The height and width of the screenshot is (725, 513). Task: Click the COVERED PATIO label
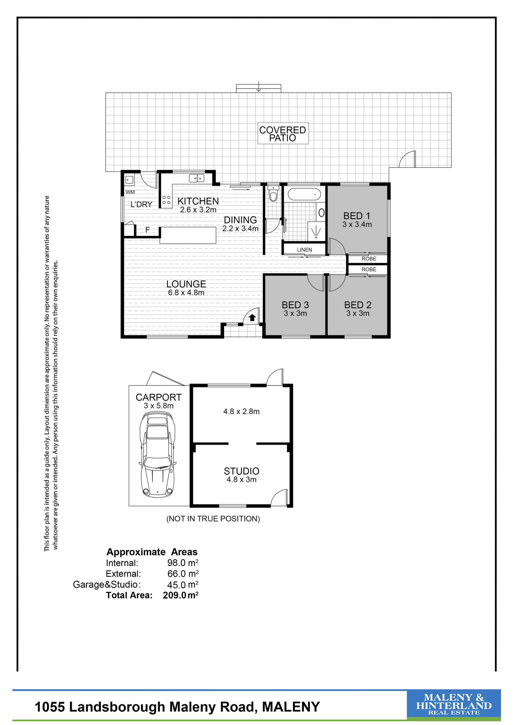(x=283, y=134)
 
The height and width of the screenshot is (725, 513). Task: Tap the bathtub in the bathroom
(x=304, y=194)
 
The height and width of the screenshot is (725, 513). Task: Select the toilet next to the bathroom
(x=273, y=194)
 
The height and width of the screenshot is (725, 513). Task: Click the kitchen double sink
(x=196, y=178)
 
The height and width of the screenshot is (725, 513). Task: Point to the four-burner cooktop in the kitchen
(x=166, y=200)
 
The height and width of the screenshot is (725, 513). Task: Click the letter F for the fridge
(x=147, y=230)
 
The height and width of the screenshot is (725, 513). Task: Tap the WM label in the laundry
(x=130, y=192)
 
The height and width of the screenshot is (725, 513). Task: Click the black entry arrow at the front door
(x=252, y=317)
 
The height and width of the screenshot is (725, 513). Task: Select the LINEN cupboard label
(x=304, y=250)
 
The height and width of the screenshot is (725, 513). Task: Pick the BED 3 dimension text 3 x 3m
(x=295, y=313)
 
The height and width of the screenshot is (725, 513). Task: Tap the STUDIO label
(x=242, y=471)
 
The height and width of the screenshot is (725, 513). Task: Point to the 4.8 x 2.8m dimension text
(x=241, y=411)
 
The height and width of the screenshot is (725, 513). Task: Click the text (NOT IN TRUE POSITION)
(x=213, y=519)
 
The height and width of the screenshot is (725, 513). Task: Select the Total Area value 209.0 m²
(x=181, y=595)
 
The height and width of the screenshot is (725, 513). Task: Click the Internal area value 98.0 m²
(x=183, y=563)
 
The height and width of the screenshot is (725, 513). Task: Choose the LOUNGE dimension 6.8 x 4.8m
(x=186, y=293)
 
